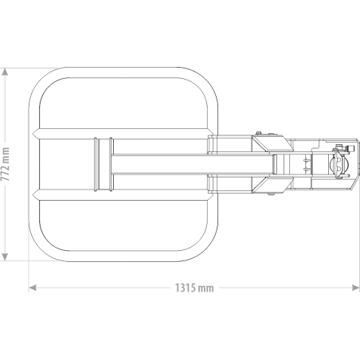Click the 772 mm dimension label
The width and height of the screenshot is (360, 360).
(5, 164)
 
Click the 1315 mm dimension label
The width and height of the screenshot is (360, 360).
(194, 288)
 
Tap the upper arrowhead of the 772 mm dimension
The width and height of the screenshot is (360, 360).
(5, 72)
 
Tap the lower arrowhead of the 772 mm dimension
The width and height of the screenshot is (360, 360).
(5, 256)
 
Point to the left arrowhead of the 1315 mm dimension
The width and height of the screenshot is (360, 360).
(33, 288)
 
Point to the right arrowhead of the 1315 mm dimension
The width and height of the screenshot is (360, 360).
(355, 288)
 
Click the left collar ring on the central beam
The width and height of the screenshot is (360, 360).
(97, 164)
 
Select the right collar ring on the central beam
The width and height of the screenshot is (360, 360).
(112, 164)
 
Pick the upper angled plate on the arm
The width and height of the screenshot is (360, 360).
(272, 143)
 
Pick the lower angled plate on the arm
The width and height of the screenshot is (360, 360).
(272, 185)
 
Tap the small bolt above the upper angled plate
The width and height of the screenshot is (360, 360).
(258, 133)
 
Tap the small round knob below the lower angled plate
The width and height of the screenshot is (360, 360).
(271, 194)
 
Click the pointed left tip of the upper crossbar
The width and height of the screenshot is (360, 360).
(33, 134)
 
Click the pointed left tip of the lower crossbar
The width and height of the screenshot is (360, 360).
(33, 194)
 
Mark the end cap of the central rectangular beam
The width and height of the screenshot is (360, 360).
(275, 164)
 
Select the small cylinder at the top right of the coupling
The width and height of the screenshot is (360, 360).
(350, 148)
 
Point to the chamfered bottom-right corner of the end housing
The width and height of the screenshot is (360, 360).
(354, 185)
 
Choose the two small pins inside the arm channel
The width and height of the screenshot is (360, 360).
(306, 164)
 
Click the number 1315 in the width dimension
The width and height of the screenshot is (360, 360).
(186, 288)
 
